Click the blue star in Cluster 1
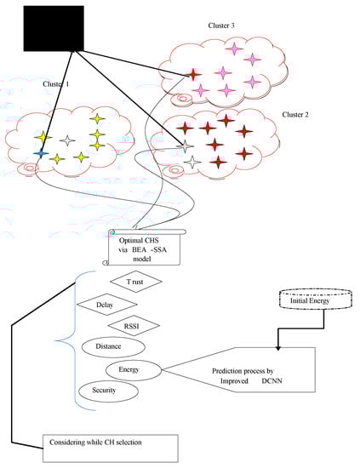[x=41, y=153]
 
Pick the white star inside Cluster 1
[x=68, y=140]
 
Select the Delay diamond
[x=106, y=304]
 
